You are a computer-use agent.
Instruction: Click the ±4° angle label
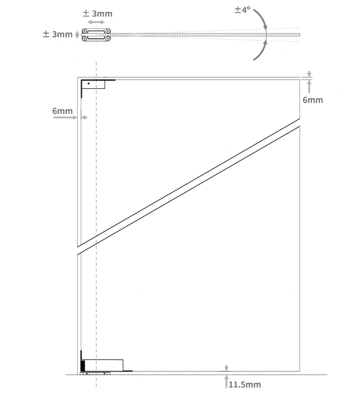(x=242, y=9)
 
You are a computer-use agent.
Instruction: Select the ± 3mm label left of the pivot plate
(x=57, y=34)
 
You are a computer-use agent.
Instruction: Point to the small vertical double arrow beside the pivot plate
(x=78, y=34)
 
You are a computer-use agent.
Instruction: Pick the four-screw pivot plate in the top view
(x=96, y=34)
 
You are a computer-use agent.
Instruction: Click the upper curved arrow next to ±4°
(x=261, y=18)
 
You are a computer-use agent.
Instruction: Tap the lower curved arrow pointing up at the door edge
(x=261, y=51)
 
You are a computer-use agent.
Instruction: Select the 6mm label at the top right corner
(x=313, y=100)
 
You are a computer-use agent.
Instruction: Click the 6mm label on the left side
(x=63, y=111)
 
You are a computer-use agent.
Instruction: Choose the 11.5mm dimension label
(x=245, y=384)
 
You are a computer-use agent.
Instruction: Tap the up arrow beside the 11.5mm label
(x=226, y=381)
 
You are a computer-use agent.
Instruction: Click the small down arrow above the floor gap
(x=226, y=367)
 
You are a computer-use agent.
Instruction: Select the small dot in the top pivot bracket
(x=88, y=84)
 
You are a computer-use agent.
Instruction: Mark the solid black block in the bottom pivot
(x=82, y=366)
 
